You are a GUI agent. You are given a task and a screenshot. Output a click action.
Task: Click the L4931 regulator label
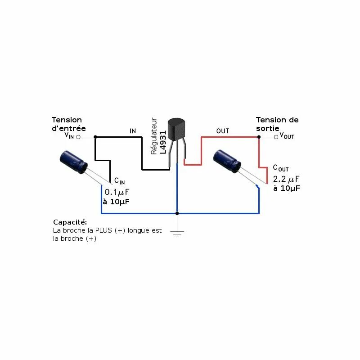click(x=163, y=143)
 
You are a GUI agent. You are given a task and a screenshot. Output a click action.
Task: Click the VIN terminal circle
click(x=78, y=136)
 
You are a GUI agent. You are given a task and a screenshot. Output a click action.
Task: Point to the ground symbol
click(x=177, y=233)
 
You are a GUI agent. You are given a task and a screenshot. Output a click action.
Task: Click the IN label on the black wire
click(x=133, y=131)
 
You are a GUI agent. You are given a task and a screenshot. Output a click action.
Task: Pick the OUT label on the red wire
click(x=223, y=131)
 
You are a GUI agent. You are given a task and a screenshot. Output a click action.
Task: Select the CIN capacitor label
click(x=119, y=181)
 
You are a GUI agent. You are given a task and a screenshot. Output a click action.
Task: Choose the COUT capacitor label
click(x=281, y=168)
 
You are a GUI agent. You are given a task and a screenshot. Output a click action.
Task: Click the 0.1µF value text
click(x=117, y=192)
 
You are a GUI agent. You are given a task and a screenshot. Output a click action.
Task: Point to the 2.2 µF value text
click(x=286, y=179)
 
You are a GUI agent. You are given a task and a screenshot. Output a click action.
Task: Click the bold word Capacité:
click(x=70, y=222)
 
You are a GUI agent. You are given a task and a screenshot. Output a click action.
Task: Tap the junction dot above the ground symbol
click(x=177, y=213)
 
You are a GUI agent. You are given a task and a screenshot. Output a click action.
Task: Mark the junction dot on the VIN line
click(x=95, y=136)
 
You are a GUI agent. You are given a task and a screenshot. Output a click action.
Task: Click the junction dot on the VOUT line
click(x=259, y=136)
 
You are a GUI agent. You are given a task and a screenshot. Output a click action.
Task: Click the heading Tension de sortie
click(x=277, y=124)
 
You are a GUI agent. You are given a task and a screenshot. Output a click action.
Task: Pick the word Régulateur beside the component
click(x=154, y=136)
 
